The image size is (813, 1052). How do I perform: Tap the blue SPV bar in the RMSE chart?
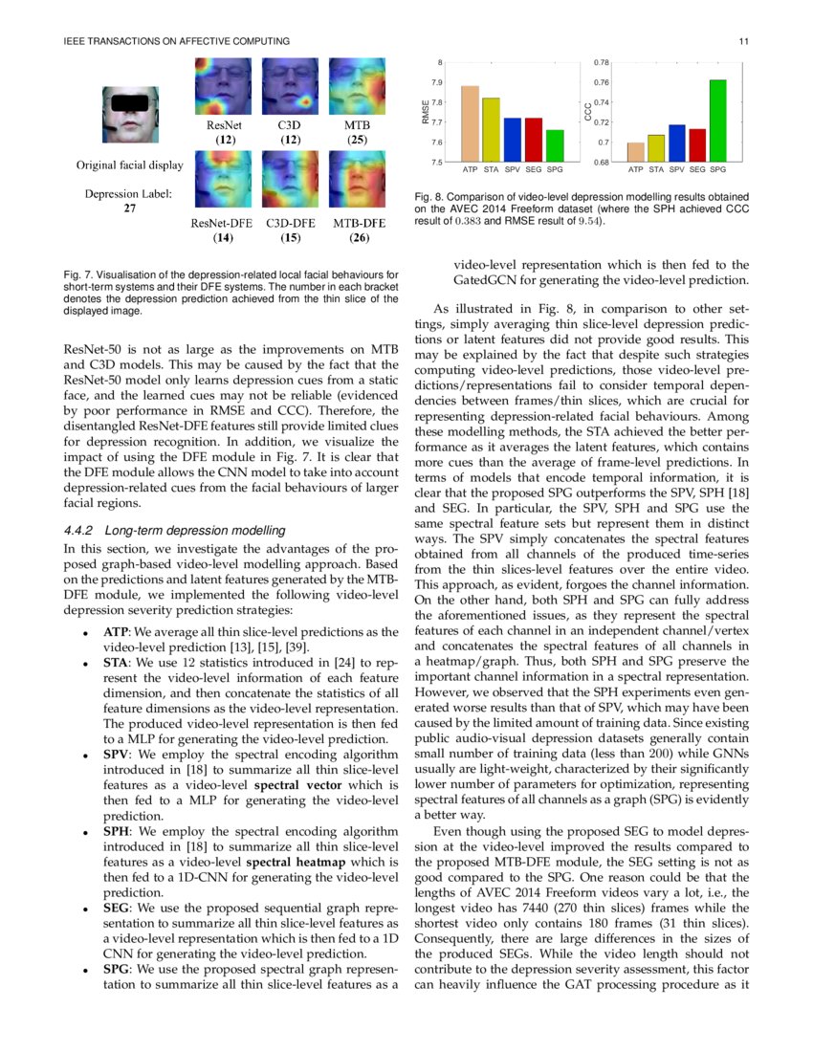512,140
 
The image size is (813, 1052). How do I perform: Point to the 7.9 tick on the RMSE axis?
436,82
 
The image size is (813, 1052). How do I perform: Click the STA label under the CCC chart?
655,170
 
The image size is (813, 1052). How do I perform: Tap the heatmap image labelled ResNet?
224,87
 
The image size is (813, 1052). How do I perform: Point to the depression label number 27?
130,208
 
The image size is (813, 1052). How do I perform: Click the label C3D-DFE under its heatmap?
292,224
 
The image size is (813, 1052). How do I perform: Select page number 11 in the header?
744,41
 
